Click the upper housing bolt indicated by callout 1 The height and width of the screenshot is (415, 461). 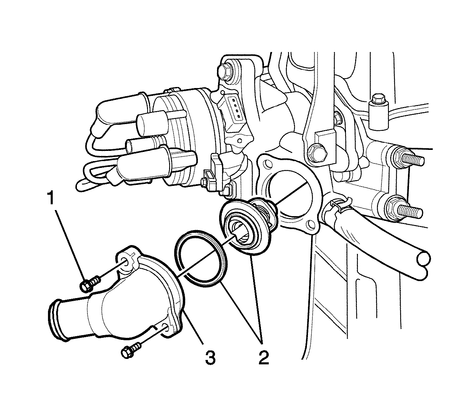point(90,284)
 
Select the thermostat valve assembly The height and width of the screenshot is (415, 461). point(249,225)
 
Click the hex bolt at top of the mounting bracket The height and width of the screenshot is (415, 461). point(225,71)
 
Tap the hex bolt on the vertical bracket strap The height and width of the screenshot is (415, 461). point(316,152)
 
